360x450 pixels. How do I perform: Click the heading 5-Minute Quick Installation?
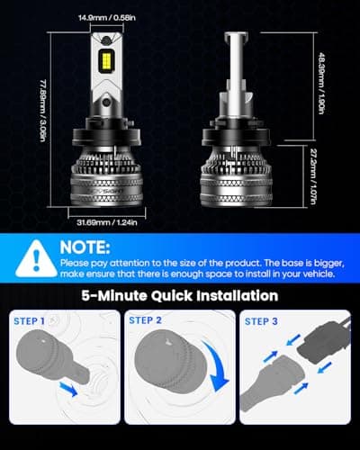pos(180,295)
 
